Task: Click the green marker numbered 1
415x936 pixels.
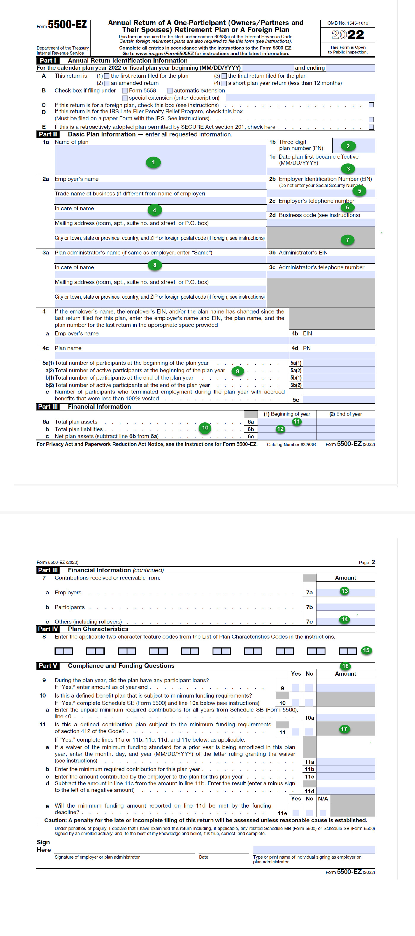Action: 153,163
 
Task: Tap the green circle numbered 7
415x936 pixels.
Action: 347,240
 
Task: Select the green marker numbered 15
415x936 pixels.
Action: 366,650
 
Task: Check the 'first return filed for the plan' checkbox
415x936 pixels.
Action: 107,76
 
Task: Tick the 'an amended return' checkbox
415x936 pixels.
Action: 107,83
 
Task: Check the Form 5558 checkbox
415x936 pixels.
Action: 125,91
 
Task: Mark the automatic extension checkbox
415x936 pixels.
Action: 170,91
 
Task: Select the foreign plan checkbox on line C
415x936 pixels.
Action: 371,105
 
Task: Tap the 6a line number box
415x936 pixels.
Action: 250,422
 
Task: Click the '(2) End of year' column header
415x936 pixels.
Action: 345,414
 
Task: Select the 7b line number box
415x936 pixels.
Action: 309,607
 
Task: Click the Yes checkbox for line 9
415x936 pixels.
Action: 296,688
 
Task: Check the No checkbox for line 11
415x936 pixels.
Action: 309,732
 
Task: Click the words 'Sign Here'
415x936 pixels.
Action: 44,846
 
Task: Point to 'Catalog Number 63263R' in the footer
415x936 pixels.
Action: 291,444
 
